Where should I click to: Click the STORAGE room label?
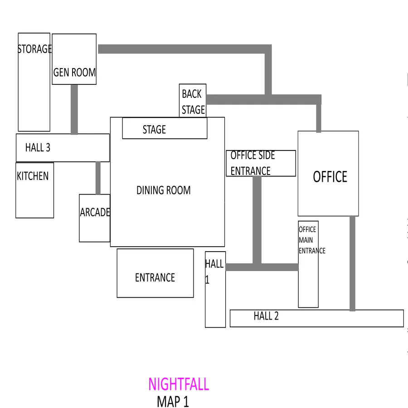(34, 49)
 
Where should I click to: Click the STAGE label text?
(154, 130)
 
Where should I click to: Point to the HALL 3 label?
(38, 147)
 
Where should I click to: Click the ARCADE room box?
(94, 218)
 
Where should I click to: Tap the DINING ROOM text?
(164, 190)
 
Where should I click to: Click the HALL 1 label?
(214, 271)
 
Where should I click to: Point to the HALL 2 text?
(266, 316)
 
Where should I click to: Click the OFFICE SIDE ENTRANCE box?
(261, 163)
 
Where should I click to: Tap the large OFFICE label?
(330, 177)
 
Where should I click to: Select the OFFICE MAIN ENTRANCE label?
(311, 240)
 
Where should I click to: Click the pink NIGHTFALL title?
(179, 384)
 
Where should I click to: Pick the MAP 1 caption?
(173, 402)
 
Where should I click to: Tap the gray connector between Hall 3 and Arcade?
(98, 178)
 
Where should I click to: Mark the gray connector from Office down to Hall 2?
(352, 263)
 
